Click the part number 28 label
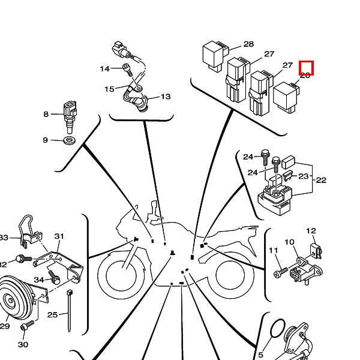(248, 44)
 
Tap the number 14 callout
(105, 69)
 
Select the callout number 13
(166, 97)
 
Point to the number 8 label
(46, 114)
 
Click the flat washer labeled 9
(69, 141)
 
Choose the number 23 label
(304, 176)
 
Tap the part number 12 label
(311, 230)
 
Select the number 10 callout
(289, 242)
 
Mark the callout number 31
(59, 236)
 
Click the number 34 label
(39, 280)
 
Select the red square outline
(306, 68)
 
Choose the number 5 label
(260, 355)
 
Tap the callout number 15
(109, 89)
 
